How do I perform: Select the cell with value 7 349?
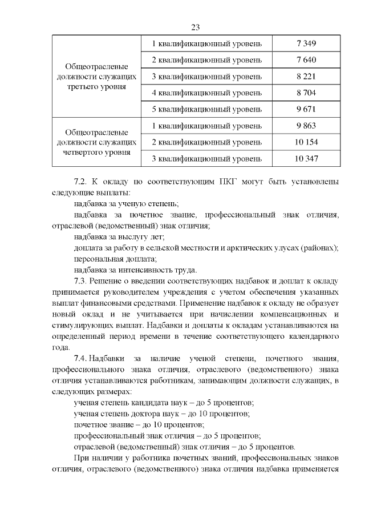pos(306,43)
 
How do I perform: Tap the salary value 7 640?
pos(306,60)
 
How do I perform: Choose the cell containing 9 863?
pos(306,126)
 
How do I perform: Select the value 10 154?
pos(306,142)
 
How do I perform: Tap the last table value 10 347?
pos(306,158)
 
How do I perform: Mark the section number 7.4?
pos(83,358)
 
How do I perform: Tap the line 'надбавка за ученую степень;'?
pos(126,203)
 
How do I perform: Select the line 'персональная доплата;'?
pos(115,258)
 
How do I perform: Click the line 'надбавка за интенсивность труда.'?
pos(136,269)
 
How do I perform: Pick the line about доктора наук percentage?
pos(161,413)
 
